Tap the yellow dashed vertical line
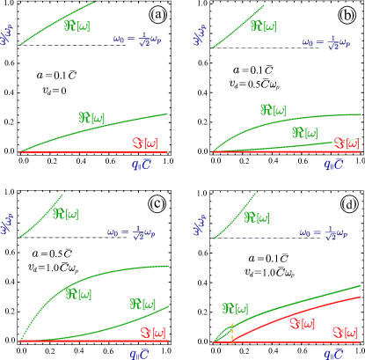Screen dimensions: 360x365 pyautogui.click(x=232, y=332)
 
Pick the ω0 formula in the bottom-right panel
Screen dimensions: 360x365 pyautogui.click(x=321, y=233)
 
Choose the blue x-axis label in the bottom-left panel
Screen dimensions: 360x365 pyautogui.click(x=140, y=354)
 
